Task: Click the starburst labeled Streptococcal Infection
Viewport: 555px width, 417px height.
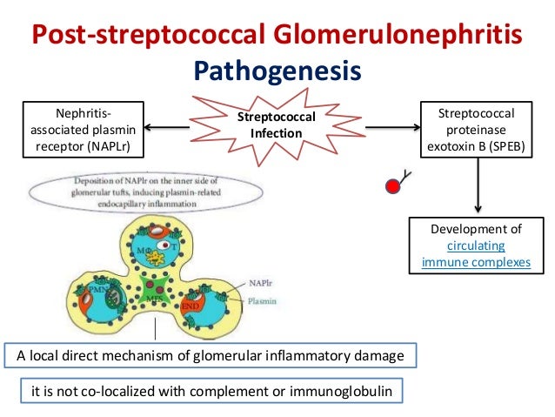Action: pos(277,127)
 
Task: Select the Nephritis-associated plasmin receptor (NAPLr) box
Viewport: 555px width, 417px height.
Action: pos(84,129)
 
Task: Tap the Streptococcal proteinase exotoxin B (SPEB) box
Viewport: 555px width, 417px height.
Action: pos(476,129)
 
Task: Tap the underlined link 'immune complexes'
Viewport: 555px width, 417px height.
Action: pos(476,261)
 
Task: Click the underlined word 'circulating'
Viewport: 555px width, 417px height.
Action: pos(476,245)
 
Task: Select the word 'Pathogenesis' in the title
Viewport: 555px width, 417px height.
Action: pos(277,69)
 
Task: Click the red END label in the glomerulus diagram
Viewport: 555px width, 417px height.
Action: pos(191,308)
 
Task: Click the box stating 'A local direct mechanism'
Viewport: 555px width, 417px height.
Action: pos(210,355)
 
